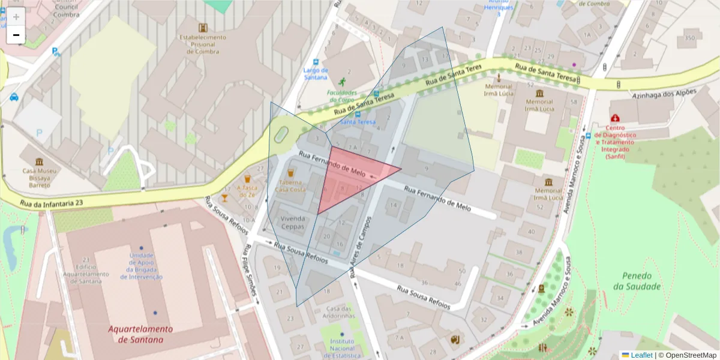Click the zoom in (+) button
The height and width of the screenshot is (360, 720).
(16, 17)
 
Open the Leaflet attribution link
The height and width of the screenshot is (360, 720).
(641, 355)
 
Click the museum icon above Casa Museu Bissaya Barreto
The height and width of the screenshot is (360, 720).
(40, 162)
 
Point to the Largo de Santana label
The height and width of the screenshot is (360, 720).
(316, 73)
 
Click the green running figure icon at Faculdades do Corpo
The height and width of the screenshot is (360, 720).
(343, 82)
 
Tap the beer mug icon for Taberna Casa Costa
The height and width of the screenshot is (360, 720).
(290, 173)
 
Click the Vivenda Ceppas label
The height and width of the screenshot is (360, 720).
(293, 222)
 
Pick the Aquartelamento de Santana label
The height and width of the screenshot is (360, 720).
(140, 334)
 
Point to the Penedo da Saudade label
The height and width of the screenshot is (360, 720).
(641, 281)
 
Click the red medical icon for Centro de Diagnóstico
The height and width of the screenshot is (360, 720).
(614, 119)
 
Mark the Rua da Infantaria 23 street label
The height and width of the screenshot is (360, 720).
(52, 203)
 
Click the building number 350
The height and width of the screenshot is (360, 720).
(689, 38)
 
